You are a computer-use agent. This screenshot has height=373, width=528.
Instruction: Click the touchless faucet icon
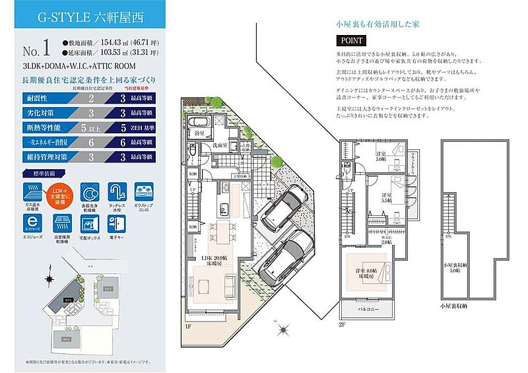[117, 193]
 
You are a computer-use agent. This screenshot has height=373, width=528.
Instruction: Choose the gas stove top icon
[145, 193]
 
